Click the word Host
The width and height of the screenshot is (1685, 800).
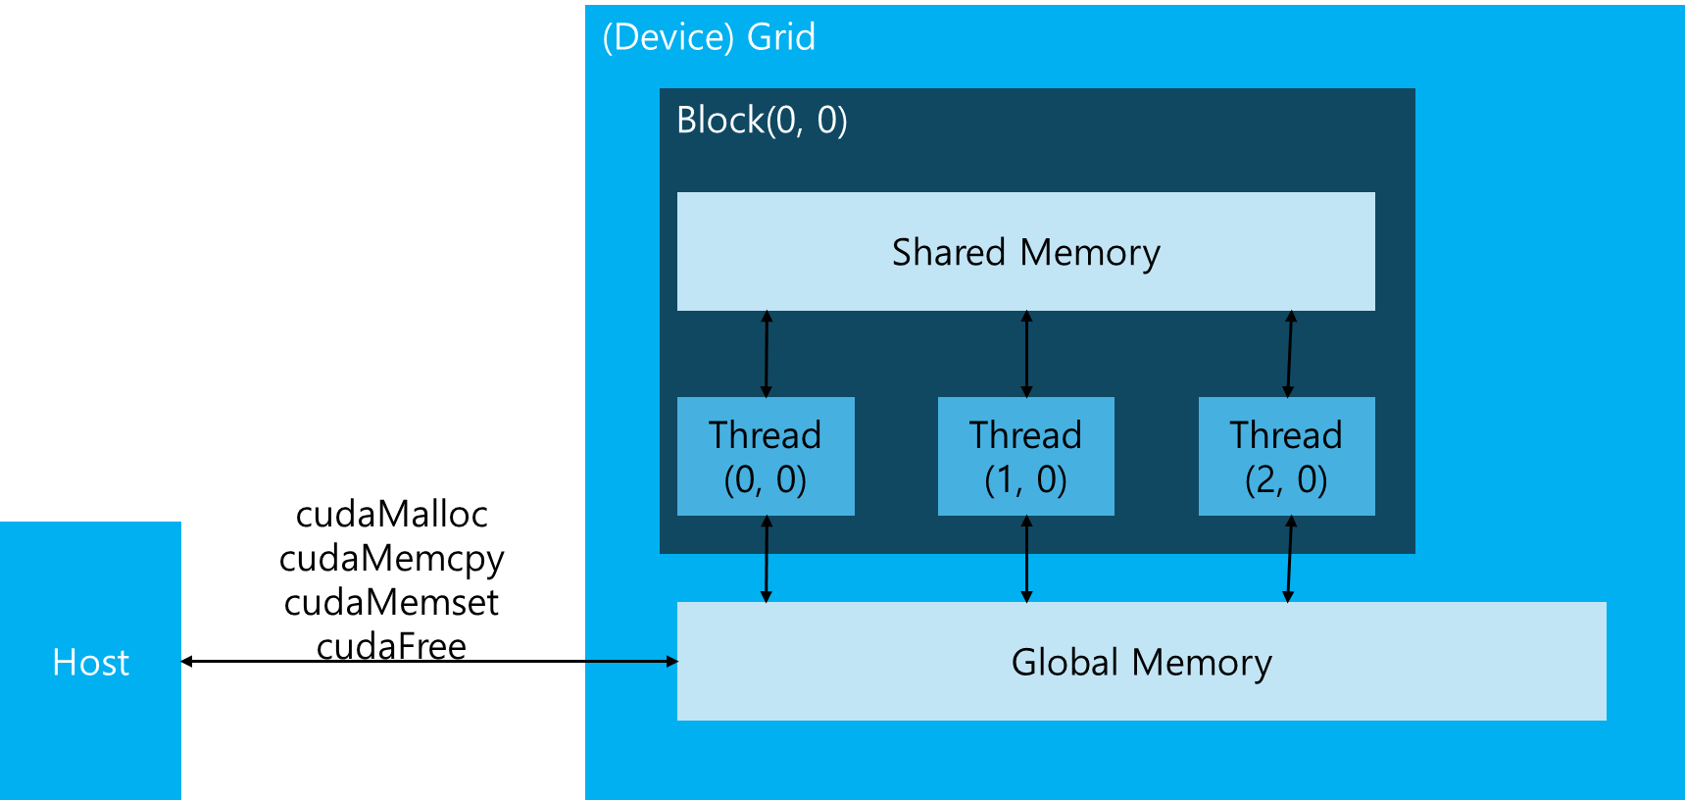pyautogui.click(x=90, y=664)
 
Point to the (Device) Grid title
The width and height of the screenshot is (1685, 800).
pyautogui.click(x=708, y=37)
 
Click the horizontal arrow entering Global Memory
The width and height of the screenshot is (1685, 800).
pyautogui.click(x=631, y=662)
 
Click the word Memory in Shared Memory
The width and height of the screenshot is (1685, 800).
pyautogui.click(x=1089, y=253)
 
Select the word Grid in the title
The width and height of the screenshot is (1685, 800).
pyautogui.click(x=780, y=37)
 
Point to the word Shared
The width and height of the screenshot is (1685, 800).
pyautogui.click(x=948, y=253)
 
